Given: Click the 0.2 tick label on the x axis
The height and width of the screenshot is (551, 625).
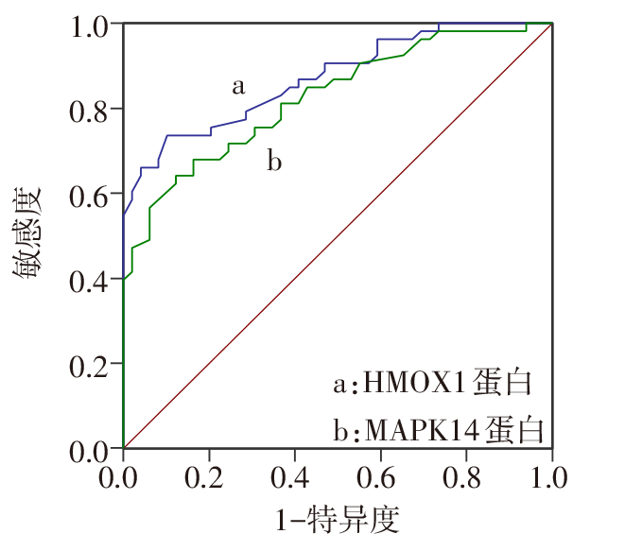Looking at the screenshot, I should coord(209,472).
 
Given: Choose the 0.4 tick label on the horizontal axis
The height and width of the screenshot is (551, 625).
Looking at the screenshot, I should coord(295,472).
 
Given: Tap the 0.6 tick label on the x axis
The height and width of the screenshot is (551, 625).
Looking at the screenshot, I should coord(380,472).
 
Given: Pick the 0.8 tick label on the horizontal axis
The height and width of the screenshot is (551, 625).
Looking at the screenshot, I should coord(466,472).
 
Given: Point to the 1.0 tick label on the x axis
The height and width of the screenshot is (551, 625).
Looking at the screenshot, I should coord(551,472).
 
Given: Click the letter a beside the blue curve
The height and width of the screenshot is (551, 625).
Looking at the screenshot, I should coord(238,87).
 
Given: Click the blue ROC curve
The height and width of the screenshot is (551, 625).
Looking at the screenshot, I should coord(189,135).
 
